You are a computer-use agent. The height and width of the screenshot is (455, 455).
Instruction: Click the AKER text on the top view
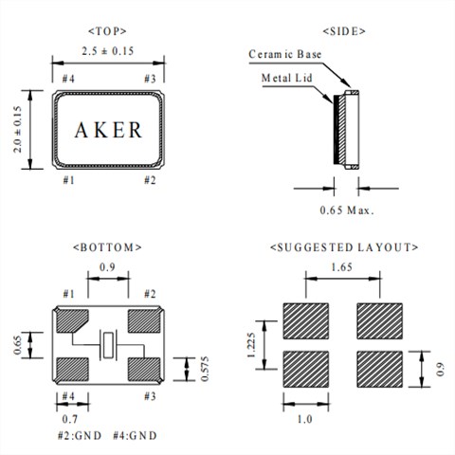point(108,129)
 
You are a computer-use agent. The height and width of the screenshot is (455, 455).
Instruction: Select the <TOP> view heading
point(107,31)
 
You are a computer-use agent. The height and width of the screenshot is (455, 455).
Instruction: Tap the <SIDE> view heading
point(344,31)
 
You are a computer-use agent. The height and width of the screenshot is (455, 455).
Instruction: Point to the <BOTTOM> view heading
point(107,247)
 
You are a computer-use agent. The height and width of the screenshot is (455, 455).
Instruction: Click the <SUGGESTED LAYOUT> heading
point(344,247)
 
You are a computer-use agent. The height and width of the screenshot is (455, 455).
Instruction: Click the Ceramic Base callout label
point(285,55)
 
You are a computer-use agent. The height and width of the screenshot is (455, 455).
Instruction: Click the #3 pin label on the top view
point(148,77)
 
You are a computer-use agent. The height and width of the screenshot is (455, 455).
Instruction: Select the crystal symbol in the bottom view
point(109,343)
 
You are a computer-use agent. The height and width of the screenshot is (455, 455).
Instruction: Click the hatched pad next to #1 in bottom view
point(73,321)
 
